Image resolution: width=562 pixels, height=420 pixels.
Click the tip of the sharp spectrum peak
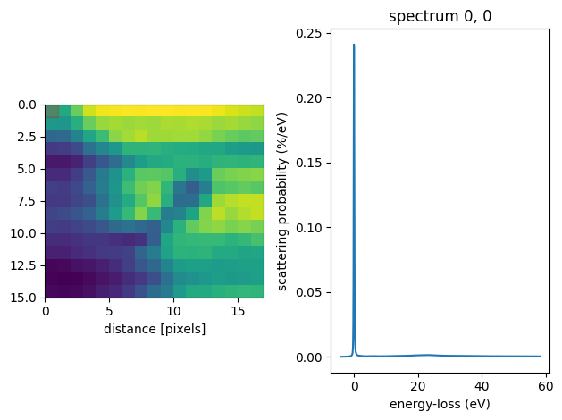click(x=354, y=45)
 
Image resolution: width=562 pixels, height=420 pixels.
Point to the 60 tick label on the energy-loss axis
click(x=545, y=386)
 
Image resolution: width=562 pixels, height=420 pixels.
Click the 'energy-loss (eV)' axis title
click(x=428, y=404)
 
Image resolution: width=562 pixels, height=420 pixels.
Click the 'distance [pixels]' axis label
click(x=155, y=329)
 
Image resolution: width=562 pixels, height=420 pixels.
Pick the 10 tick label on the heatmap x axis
click(x=174, y=311)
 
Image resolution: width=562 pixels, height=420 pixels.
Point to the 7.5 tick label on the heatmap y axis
click(x=28, y=200)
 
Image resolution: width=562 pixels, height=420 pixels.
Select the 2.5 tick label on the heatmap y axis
click(x=28, y=137)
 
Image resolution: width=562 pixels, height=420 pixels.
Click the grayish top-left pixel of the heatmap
click(x=52, y=111)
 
